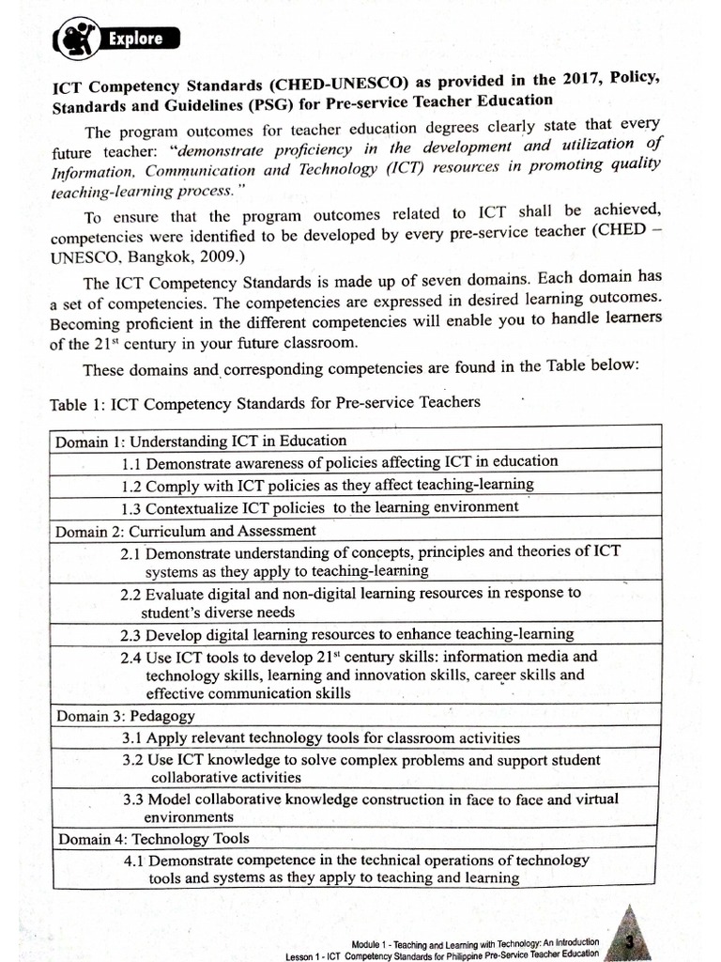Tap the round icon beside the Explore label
pyautogui.click(x=74, y=39)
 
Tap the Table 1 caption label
pyautogui.click(x=78, y=403)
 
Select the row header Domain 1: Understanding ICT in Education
pyautogui.click(x=200, y=440)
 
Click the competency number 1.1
pyautogui.click(x=132, y=462)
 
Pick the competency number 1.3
pyautogui.click(x=132, y=507)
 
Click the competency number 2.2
pyautogui.click(x=132, y=594)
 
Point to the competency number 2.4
pyautogui.click(x=132, y=657)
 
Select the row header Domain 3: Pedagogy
pyautogui.click(x=125, y=716)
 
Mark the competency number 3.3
pyautogui.click(x=135, y=799)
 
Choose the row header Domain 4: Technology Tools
pyautogui.click(x=154, y=838)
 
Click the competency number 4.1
pyautogui.click(x=135, y=860)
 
